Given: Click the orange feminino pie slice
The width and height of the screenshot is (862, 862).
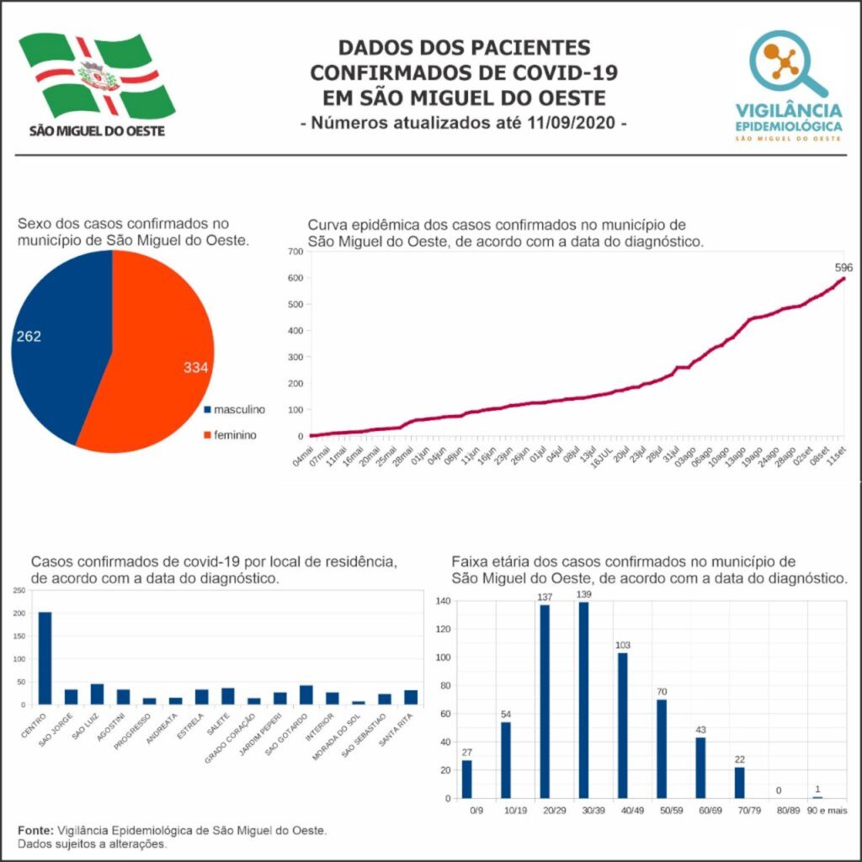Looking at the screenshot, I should (x=156, y=354).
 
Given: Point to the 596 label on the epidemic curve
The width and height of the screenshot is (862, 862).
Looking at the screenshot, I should (x=843, y=268).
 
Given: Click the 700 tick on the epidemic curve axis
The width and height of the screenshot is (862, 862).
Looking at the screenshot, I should (x=295, y=252).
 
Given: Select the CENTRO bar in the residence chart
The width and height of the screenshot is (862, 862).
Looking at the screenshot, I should (x=45, y=657).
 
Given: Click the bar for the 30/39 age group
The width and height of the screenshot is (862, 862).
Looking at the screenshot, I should (x=583, y=700).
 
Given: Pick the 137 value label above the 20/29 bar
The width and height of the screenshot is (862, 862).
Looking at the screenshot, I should (x=545, y=597).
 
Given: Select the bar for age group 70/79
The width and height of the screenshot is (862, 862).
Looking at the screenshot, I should (x=739, y=782).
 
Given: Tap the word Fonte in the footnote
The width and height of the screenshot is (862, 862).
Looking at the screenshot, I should (x=35, y=830).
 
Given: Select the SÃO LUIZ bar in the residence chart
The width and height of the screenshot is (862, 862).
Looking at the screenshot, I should (x=98, y=694).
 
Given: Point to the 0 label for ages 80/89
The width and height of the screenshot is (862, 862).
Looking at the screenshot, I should (x=779, y=790).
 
